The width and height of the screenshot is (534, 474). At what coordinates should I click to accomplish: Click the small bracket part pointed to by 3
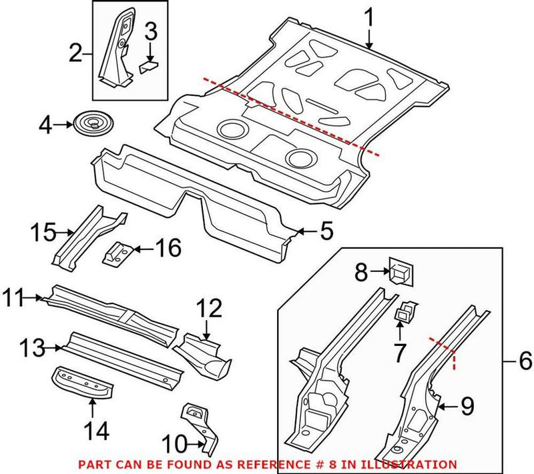tap(149, 66)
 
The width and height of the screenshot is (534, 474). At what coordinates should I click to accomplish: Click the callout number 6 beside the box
tap(524, 363)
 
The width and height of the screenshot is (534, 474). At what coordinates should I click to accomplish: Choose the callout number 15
tap(45, 233)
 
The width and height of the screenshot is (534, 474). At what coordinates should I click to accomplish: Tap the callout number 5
tap(325, 231)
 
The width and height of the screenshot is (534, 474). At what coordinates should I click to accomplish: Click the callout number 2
tap(75, 51)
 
